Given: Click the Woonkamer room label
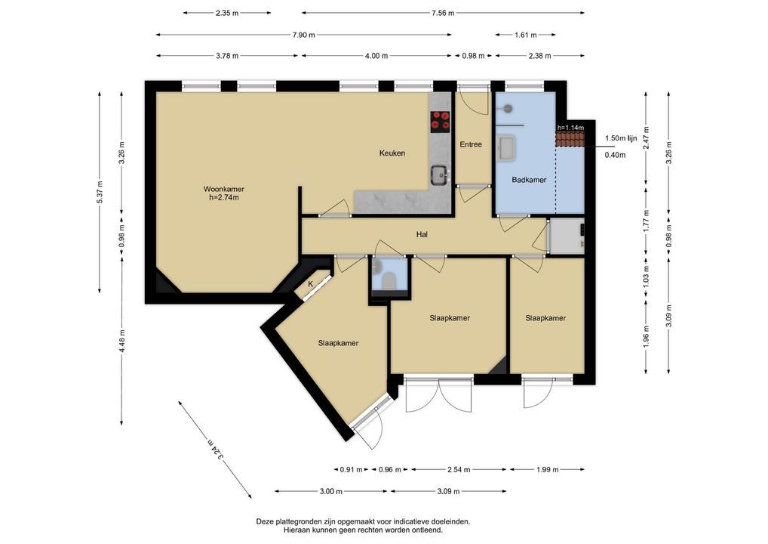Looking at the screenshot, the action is [224, 189].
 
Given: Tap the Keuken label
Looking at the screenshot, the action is [392, 153].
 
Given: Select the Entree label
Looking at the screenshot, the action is [471, 144].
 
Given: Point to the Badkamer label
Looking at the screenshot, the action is [529, 180].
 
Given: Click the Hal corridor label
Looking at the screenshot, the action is [422, 234].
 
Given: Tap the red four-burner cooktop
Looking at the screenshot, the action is [441, 121].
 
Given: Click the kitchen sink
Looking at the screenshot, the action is [441, 175].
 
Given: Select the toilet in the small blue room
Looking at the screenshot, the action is [389, 281].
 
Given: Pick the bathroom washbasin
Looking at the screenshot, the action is [506, 148].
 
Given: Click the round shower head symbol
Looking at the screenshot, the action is [509, 108].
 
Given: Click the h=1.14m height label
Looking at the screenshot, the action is [570, 128].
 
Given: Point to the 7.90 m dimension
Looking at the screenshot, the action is [304, 35].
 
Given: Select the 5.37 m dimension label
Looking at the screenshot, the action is [100, 192].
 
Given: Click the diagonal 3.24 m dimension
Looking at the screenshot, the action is [215, 450].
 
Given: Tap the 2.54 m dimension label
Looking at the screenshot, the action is [459, 469].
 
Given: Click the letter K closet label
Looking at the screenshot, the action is [311, 284].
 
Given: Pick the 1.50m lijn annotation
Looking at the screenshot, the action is [621, 138].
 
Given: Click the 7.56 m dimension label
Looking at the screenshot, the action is [443, 14].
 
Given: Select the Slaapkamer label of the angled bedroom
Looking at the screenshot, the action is [338, 343].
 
